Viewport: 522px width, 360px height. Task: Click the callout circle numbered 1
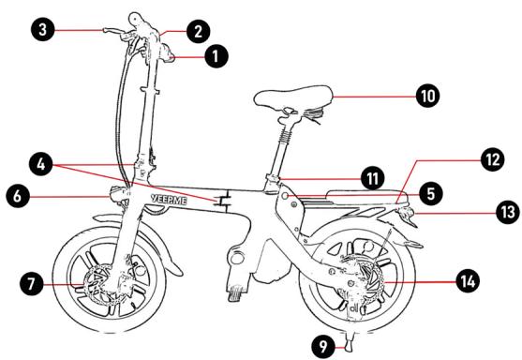pos(216,55)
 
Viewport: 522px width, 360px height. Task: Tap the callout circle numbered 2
pos(198,32)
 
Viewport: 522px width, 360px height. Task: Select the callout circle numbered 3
pos(42,30)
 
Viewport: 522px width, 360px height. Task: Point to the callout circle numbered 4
pos(41,164)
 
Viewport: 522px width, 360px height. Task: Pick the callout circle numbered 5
pos(431,193)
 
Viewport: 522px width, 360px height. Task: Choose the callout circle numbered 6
pos(17,196)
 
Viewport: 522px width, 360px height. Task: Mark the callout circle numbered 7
pos(31,284)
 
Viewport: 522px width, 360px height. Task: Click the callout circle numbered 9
pos(323,346)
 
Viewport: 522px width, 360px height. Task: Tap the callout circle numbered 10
pos(427,96)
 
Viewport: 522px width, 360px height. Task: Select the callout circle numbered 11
pos(372,178)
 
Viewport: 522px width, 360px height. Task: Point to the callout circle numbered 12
pos(493,159)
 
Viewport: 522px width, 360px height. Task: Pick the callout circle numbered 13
pos(508,212)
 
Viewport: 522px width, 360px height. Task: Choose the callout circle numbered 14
pos(468,281)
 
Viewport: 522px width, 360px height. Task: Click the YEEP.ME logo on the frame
pos(169,200)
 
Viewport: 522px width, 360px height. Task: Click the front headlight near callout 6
pos(118,194)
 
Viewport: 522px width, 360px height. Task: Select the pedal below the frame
pos(237,294)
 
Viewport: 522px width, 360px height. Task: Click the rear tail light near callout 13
pos(406,213)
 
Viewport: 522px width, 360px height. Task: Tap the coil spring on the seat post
pos(286,135)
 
